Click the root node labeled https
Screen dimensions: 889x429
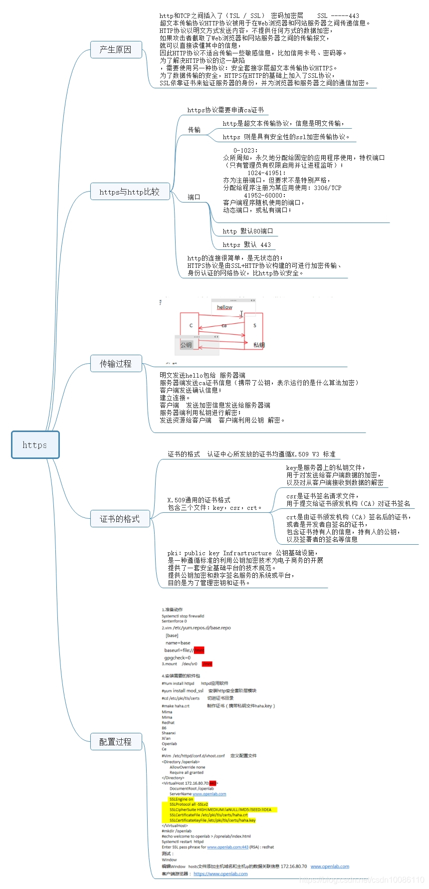click(35, 444)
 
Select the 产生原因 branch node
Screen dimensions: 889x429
click(115, 49)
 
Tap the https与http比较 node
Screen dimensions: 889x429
click(130, 192)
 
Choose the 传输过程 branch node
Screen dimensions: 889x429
click(115, 364)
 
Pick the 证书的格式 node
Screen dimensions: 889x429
click(119, 519)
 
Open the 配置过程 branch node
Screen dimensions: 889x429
click(115, 742)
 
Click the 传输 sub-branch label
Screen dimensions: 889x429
click(194, 130)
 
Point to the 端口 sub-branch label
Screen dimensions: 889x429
click(194, 197)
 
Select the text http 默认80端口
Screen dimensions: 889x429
click(248, 231)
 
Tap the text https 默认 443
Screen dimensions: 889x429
click(246, 244)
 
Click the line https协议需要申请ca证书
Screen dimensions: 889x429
click(225, 110)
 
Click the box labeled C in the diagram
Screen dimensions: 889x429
click(190, 325)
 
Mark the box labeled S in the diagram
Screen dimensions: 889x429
click(254, 325)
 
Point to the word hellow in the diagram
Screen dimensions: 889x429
click(224, 307)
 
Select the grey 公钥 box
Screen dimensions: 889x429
click(187, 345)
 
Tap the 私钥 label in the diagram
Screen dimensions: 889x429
click(259, 345)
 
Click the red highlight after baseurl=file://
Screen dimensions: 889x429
click(199, 650)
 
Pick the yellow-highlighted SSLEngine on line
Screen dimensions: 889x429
click(181, 799)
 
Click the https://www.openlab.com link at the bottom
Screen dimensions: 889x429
click(220, 874)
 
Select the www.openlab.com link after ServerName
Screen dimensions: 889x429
click(209, 794)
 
